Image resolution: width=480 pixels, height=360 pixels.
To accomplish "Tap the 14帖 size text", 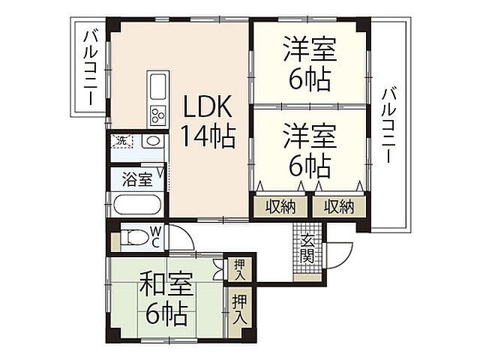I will (x=208, y=136).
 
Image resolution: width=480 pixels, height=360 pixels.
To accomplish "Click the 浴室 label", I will (x=137, y=180).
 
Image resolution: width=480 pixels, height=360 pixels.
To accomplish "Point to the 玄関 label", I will (x=307, y=247).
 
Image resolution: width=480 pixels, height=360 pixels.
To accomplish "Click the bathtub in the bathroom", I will (x=138, y=205).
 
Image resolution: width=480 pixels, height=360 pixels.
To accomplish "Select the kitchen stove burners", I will (x=157, y=115).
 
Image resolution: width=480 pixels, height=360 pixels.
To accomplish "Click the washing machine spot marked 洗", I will (x=121, y=140).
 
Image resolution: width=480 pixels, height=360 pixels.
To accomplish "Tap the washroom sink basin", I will (x=152, y=141).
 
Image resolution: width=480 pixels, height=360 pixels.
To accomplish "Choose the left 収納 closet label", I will (x=279, y=206).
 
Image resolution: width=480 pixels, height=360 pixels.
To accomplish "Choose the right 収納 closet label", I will (x=338, y=206).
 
